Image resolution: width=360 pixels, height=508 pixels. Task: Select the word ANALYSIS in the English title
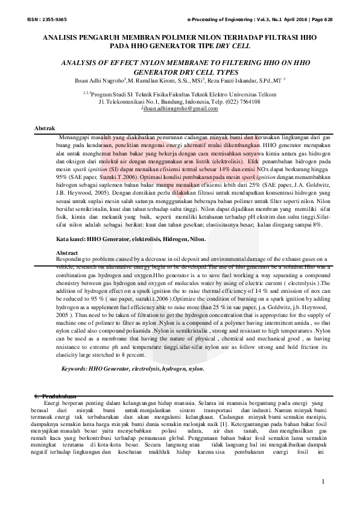(81, 63)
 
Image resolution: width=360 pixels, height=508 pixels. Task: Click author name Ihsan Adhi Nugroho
(98, 80)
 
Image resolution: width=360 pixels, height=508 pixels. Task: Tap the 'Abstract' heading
(66, 252)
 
